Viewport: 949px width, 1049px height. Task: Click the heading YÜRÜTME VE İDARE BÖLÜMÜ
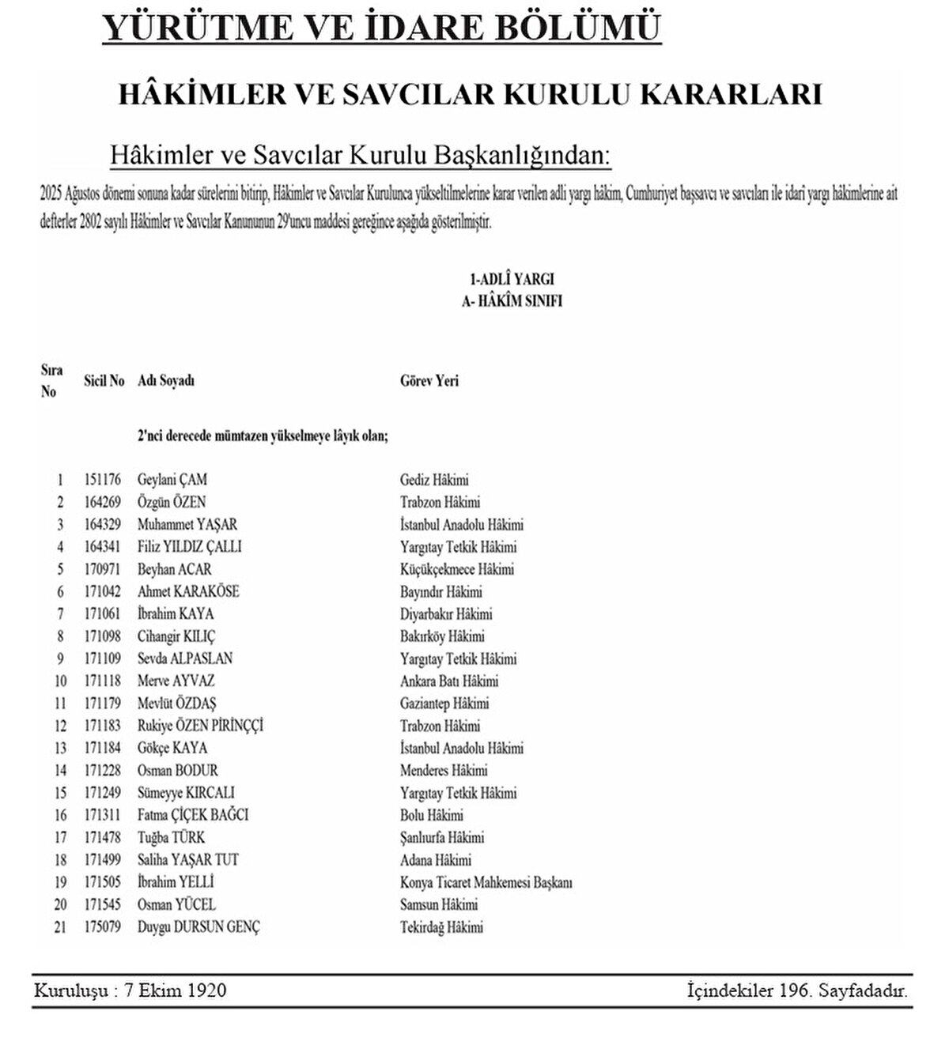381,28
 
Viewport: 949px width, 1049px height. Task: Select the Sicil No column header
104,381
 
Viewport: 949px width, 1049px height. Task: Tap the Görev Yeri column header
429,381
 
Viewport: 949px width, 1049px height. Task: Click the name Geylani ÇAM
172,480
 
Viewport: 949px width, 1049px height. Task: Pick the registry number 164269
103,502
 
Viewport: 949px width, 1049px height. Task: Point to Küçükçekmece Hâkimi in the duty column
457,569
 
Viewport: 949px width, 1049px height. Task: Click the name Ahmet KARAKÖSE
188,591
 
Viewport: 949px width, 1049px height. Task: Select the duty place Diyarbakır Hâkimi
446,614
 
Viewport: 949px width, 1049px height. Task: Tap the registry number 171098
103,636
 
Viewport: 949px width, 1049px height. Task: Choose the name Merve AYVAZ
176,681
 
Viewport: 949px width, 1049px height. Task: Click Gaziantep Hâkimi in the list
444,704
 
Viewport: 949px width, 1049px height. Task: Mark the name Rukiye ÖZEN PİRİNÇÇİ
200,726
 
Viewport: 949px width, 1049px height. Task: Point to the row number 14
60,771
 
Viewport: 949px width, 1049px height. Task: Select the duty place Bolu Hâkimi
432,815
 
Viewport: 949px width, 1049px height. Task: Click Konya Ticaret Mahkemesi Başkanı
486,882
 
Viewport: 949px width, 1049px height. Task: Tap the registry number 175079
103,927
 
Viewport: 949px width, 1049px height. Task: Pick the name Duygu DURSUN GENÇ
198,927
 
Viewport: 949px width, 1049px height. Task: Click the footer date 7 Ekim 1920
175,991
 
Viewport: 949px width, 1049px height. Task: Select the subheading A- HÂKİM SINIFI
512,301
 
